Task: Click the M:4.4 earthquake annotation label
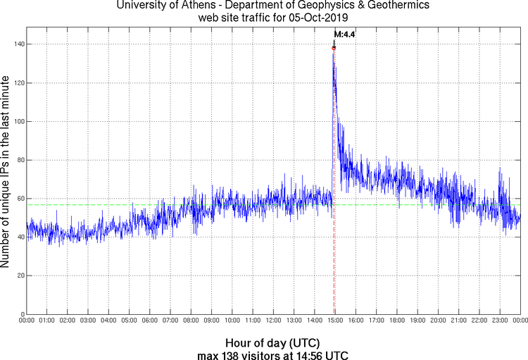click(x=344, y=34)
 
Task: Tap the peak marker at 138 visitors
click(x=334, y=48)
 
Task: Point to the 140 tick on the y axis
click(x=18, y=44)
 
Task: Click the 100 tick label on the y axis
click(x=18, y=121)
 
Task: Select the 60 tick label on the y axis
click(x=20, y=199)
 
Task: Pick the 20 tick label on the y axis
click(x=20, y=275)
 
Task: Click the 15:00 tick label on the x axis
click(x=335, y=321)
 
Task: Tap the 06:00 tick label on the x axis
click(x=150, y=321)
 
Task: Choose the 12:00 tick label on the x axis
click(x=274, y=321)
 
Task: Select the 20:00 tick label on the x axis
click(x=439, y=321)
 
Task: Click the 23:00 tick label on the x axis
click(x=500, y=321)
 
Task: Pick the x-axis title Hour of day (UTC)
click(x=273, y=343)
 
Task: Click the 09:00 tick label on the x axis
click(x=212, y=321)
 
